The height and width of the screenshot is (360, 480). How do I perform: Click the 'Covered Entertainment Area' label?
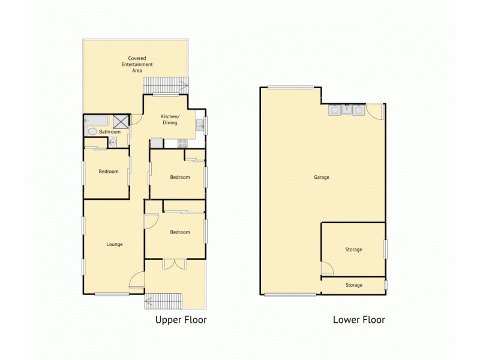pos(137,64)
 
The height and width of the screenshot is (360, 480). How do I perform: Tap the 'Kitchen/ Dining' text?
pos(170,119)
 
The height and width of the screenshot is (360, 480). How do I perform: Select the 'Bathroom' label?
pos(109,131)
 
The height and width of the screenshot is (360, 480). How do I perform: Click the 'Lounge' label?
pos(114,244)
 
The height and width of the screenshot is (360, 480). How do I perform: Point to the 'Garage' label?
pos(322,177)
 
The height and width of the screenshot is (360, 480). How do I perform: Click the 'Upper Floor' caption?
pos(181,320)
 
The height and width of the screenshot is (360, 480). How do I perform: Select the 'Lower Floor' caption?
pos(359,320)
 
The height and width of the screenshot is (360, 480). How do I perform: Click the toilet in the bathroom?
pos(92,131)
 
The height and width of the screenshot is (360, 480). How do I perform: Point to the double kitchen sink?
pos(200,125)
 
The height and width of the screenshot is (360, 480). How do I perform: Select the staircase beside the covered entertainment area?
pos(165,85)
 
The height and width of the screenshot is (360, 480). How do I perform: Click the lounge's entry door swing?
pos(137,280)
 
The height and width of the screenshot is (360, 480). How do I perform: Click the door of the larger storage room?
pos(327,268)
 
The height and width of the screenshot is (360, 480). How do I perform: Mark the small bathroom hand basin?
pos(113,142)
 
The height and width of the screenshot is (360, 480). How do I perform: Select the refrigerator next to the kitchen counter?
pos(156,143)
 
